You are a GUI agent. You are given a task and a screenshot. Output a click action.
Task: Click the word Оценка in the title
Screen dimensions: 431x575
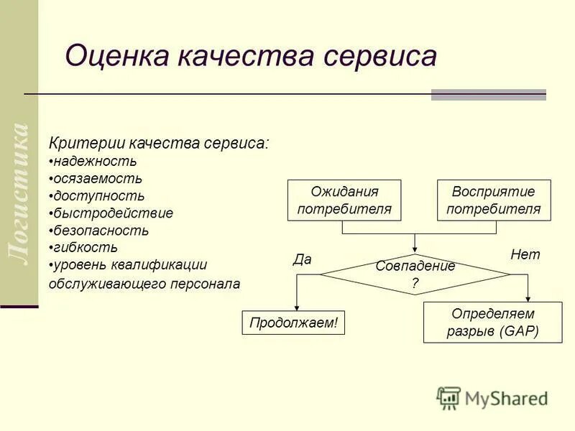pos(114,56)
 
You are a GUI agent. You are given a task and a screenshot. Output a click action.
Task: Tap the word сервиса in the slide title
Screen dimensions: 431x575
pos(382,56)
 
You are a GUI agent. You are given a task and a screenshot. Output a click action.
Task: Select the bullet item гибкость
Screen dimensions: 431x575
pos(84,248)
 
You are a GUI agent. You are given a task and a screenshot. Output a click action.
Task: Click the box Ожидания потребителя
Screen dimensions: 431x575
pos(344,200)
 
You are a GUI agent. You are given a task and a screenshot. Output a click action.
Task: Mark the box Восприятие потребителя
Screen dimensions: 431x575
pos(494,200)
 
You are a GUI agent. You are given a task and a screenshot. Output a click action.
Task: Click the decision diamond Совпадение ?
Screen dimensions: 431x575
pos(415,274)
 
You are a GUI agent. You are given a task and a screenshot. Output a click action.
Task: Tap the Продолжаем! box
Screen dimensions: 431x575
pos(293,323)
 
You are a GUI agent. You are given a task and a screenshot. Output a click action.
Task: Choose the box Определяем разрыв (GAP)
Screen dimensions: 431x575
pos(493,323)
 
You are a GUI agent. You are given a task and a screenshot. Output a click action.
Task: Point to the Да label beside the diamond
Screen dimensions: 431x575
pos(302,259)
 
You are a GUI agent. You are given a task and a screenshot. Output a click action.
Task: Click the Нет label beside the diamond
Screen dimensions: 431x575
pos(525,254)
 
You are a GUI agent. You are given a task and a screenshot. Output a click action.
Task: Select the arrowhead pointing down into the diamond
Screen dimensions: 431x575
pos(415,249)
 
